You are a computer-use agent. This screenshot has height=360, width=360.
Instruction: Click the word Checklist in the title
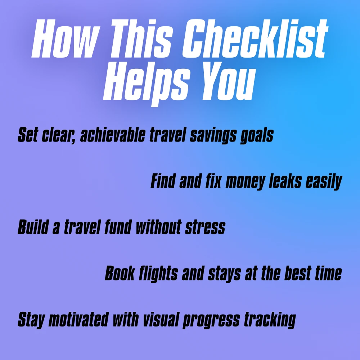pyautogui.click(x=255, y=39)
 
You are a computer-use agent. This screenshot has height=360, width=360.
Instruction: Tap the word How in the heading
pyautogui.click(x=66, y=39)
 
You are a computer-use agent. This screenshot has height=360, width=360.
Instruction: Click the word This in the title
pyautogui.click(x=141, y=39)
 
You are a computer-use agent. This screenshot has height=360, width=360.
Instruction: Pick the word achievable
pyautogui.click(x=113, y=135)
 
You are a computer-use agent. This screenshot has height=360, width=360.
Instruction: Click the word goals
pyautogui.click(x=257, y=136)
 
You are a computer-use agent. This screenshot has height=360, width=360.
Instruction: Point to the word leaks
pyautogui.click(x=285, y=181)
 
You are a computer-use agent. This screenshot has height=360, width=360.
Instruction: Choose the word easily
pyautogui.click(x=324, y=182)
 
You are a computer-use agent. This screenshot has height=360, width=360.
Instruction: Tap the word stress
pyautogui.click(x=205, y=228)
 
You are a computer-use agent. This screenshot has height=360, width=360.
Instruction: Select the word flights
pyautogui.click(x=158, y=274)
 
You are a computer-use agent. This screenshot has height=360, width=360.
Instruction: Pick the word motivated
pyautogui.click(x=78, y=319)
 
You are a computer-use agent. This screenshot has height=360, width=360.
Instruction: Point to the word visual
pyautogui.click(x=161, y=319)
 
